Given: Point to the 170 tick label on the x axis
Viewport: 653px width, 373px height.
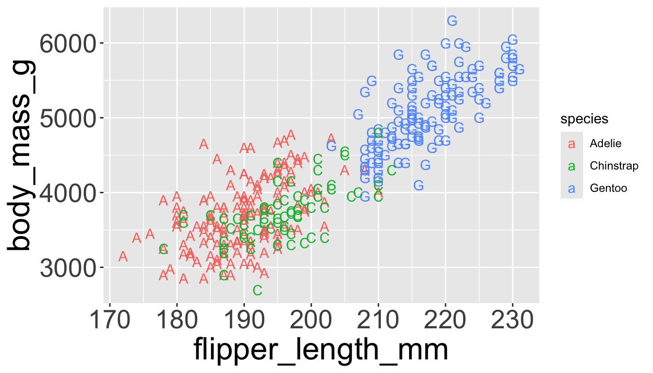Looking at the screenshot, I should (x=110, y=321).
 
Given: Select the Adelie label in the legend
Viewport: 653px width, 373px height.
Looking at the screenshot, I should (x=605, y=143).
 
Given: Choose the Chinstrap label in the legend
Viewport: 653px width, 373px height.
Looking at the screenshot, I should (x=614, y=166).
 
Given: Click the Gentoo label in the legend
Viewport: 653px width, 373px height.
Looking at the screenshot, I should (x=606, y=188).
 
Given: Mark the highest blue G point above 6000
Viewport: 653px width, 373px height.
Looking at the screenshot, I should (x=452, y=21).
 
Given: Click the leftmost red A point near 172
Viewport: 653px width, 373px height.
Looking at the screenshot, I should (x=123, y=256).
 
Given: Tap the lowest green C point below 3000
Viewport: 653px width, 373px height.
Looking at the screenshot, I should (x=258, y=290).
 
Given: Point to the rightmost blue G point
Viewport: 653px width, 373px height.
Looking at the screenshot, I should (x=519, y=70).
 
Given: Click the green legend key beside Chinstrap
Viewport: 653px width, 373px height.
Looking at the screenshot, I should (x=572, y=166).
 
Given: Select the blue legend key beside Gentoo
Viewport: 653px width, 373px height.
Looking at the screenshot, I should (x=572, y=188).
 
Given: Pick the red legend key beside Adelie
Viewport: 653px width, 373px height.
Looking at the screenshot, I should (x=572, y=144).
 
